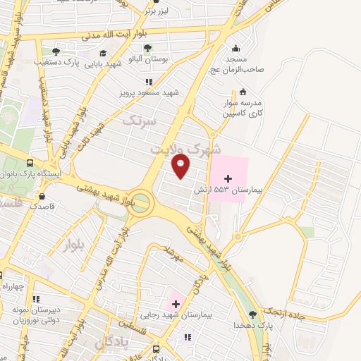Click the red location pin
181,166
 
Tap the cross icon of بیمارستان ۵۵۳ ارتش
227,182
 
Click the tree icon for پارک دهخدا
253,314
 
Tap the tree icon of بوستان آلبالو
147,49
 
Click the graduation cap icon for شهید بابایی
103,53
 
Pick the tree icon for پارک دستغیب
56,51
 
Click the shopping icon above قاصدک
44,197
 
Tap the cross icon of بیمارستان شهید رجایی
174,304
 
